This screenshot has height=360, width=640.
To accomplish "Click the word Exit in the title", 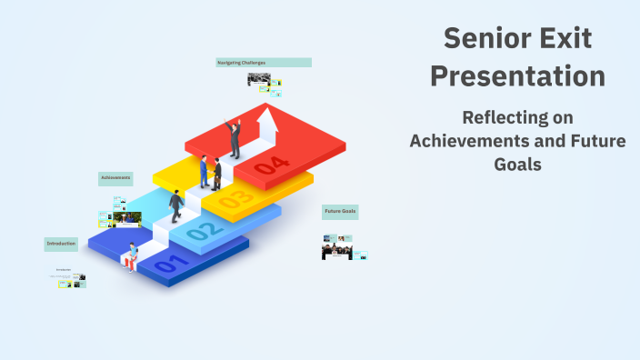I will click(570, 38).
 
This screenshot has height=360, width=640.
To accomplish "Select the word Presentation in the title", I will click(517, 76).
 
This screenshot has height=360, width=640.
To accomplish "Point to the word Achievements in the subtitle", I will click(465, 141).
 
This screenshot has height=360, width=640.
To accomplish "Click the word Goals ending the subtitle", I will click(517, 165).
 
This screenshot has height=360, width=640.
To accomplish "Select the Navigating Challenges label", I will click(264, 63).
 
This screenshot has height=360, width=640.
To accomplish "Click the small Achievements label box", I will click(115, 177).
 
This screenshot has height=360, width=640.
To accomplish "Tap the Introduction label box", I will click(61, 244).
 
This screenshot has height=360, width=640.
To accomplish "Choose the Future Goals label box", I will click(340, 212).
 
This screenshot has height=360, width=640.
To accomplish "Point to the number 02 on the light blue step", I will click(203, 232).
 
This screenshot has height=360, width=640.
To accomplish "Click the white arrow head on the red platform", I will click(268, 115).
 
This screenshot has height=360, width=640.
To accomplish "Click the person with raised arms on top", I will click(235, 138).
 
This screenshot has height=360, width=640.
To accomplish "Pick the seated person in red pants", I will click(133, 257).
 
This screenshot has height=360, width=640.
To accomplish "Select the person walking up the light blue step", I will click(175, 205).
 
